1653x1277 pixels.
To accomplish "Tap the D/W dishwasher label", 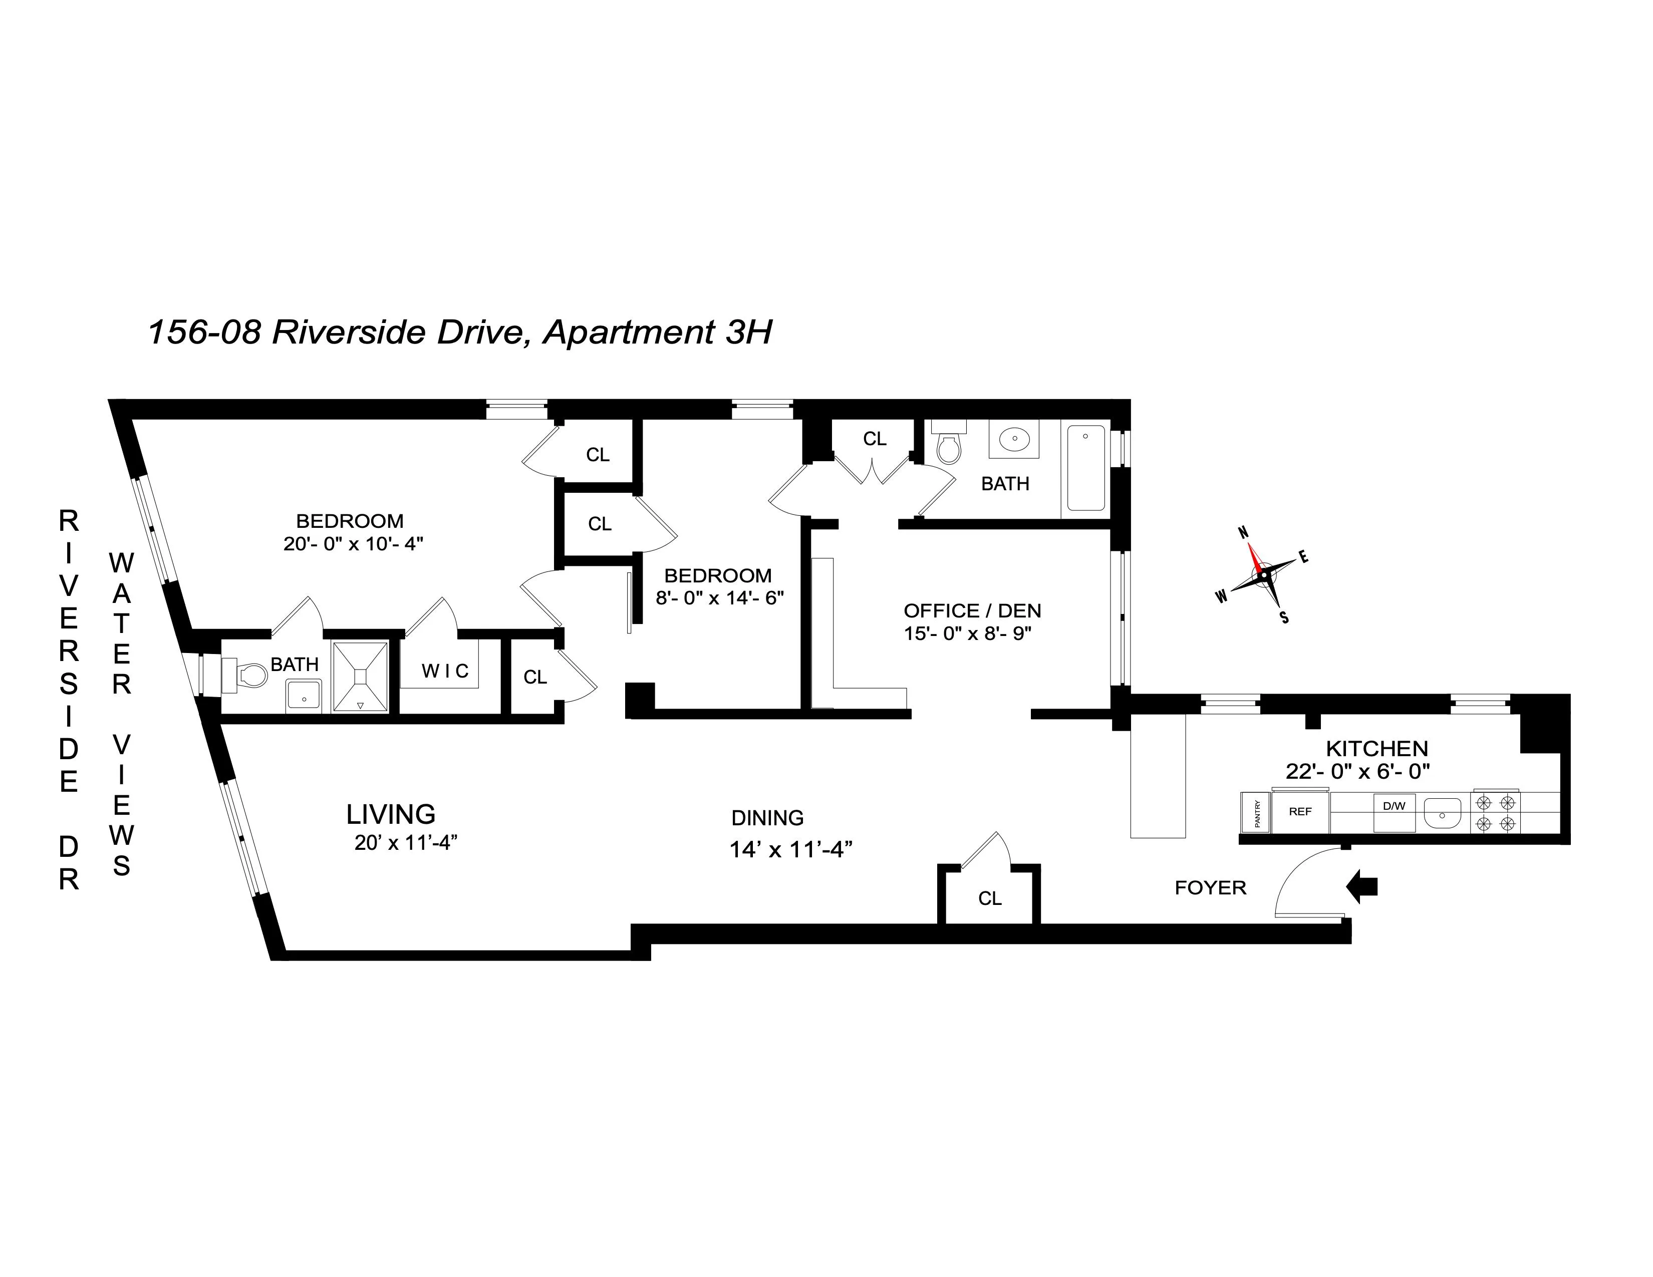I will click(1394, 806).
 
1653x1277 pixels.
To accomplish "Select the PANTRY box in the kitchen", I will click(1256, 813).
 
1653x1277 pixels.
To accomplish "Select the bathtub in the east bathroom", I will click(1085, 468).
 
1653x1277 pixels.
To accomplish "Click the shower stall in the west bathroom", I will click(360, 677).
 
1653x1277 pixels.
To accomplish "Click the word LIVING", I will click(391, 815).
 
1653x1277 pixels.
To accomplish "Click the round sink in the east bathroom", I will click(1013, 439).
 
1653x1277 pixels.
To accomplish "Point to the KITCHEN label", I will click(1376, 749).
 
